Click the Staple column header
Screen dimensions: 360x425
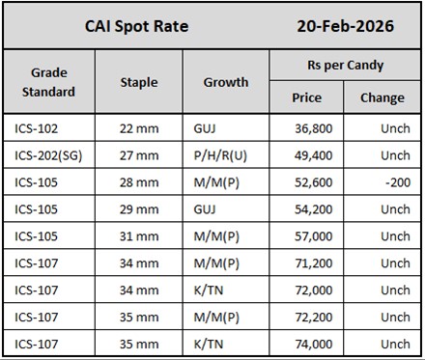point(139,82)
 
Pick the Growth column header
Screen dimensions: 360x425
point(225,82)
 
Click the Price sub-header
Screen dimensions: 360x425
point(307,97)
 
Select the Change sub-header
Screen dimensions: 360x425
point(382,97)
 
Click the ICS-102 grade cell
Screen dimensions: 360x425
point(38,126)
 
